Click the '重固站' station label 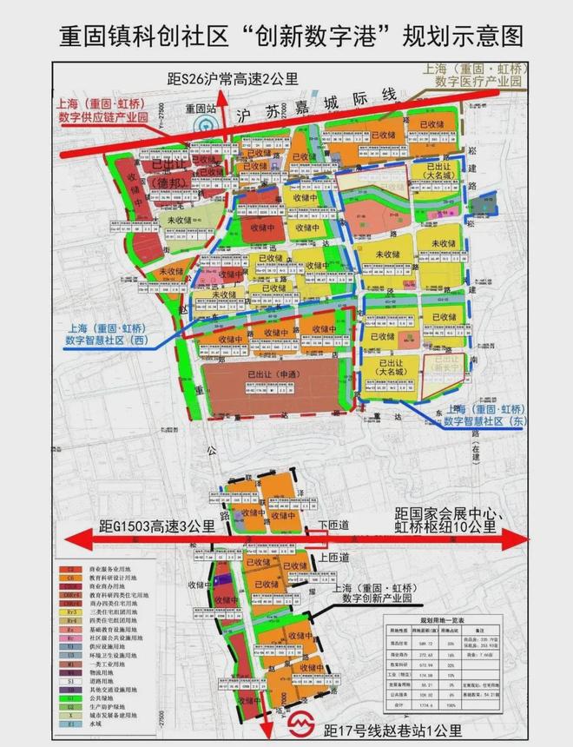[x=200, y=109]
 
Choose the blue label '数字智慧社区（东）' [x=486, y=420]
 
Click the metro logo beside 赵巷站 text [x=300, y=722]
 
